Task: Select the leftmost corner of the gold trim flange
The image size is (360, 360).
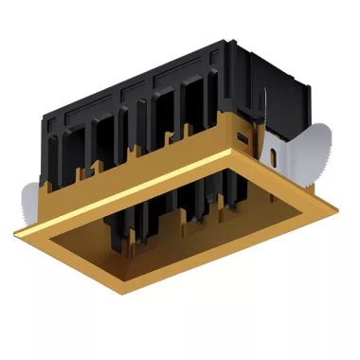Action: tap(11, 230)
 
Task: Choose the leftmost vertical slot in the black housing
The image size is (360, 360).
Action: tap(57, 156)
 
